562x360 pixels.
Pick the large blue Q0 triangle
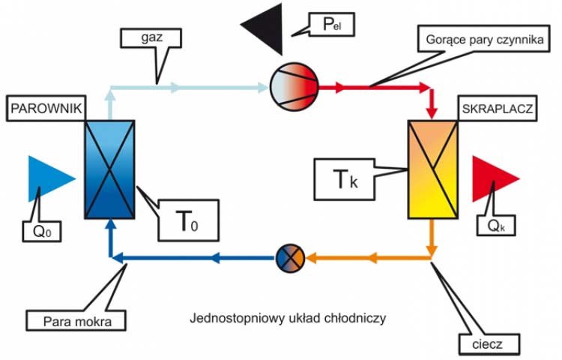click(49, 178)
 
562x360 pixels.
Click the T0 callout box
click(188, 220)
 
